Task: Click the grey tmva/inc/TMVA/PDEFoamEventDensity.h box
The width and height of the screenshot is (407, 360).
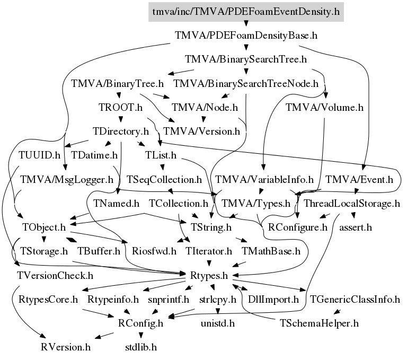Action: (245, 11)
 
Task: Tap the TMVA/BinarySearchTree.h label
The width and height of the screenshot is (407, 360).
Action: (246, 59)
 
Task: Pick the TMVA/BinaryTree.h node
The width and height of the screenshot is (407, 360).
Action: (117, 83)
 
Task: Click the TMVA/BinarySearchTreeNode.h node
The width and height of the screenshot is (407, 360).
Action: (246, 83)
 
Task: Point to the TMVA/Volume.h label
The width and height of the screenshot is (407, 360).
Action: (324, 107)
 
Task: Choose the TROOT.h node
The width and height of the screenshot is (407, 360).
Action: (121, 108)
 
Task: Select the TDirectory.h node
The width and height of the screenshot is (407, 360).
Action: (120, 131)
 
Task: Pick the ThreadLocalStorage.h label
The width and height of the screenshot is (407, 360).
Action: (352, 203)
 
